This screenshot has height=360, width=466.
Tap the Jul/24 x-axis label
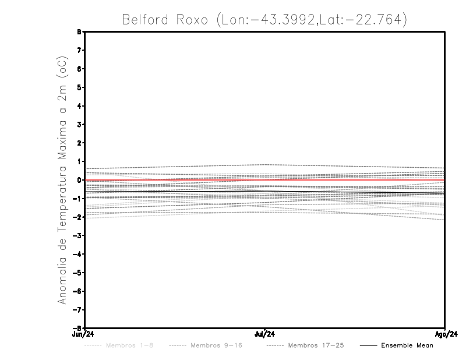264,333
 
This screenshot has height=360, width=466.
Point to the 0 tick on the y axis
79,180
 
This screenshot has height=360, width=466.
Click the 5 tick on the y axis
79,87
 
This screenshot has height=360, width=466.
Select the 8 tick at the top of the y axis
79,32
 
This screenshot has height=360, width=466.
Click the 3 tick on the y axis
79,125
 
